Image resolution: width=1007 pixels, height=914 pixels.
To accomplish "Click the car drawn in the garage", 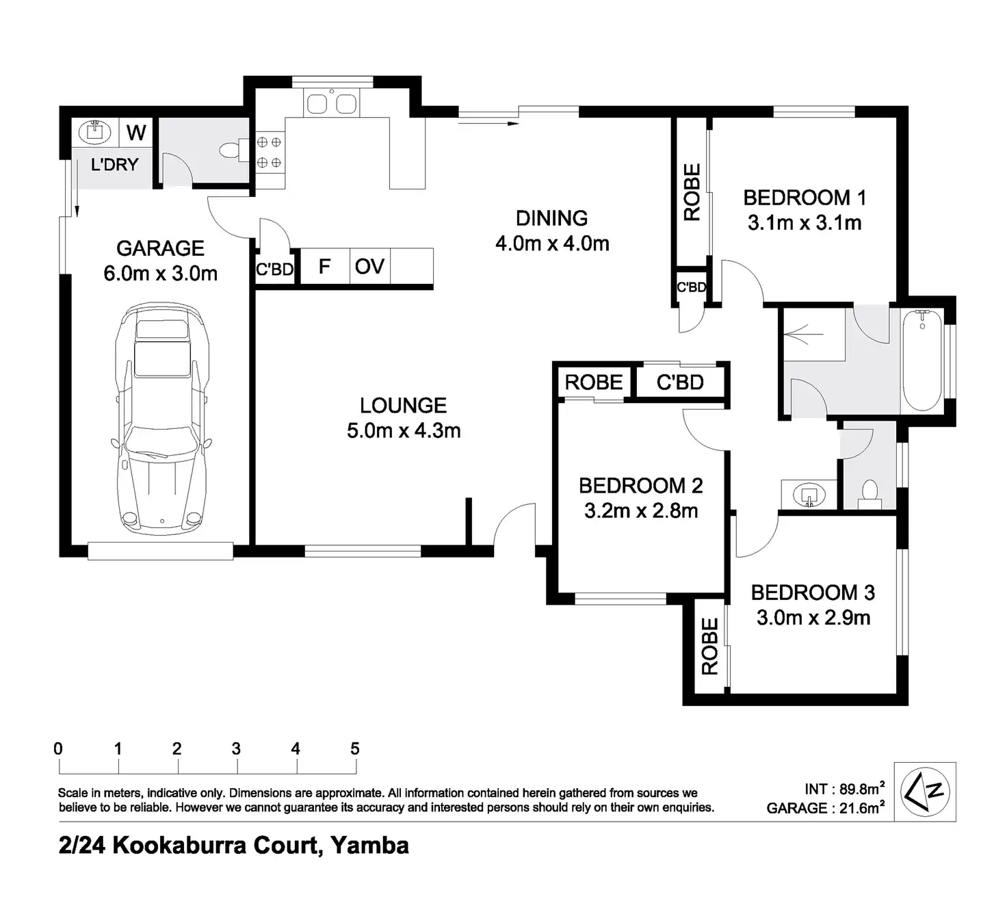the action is pos(161,418).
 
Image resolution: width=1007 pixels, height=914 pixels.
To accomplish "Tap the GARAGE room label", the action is pos(160,248).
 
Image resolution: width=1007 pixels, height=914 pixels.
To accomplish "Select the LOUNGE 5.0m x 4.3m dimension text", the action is pos(404,431).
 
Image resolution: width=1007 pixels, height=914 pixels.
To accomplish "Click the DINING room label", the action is pos(551,218).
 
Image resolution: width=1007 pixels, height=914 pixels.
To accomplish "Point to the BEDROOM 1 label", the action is pos(805,197).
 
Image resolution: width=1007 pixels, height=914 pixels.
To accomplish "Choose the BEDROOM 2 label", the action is pos(641,486).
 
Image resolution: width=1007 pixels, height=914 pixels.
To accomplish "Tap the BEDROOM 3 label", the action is pos(813,592).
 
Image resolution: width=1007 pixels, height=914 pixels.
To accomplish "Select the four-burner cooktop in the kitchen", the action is pos(270,152).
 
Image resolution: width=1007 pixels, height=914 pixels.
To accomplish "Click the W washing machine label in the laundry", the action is pos(136,133).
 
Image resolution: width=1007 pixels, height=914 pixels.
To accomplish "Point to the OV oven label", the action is pos(369,267).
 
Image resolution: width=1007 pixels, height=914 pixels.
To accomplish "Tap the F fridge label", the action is pos(324,266).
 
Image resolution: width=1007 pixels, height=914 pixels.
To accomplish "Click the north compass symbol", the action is pos(925,792).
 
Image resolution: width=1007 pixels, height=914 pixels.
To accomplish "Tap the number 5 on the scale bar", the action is pos(355,748).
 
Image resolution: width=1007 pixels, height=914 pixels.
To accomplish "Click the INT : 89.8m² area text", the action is pos(844,789).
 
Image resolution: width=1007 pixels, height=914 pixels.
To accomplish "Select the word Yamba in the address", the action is pos(370,845).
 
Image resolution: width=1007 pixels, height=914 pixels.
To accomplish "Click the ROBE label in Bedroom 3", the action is pos(710,647).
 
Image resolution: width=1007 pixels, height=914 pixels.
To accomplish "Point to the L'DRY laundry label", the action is pos(114,165).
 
